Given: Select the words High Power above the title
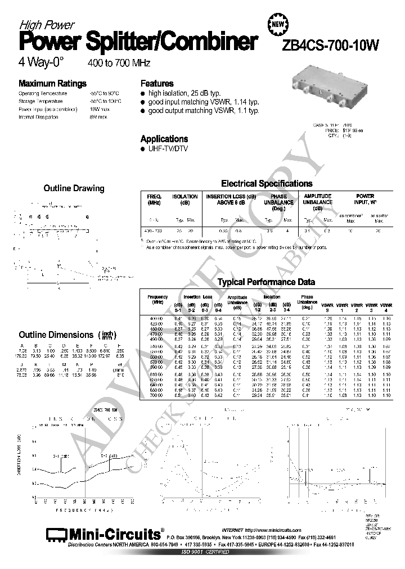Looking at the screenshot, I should [47, 25].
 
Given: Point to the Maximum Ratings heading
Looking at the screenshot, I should [53, 82].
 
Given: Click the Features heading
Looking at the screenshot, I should [157, 82].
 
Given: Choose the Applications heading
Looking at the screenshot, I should [164, 138].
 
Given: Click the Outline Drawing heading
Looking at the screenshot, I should [74, 188].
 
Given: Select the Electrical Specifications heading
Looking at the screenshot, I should [267, 183].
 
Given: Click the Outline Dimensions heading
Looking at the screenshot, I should [57, 335].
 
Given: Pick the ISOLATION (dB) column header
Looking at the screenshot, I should [184, 200].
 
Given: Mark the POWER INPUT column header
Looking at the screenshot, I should [365, 200].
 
